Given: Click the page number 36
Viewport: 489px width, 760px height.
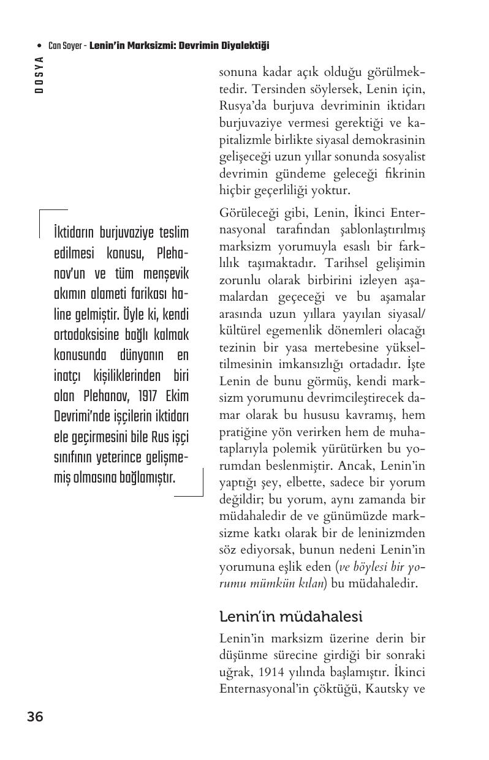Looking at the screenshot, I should pyautogui.click(x=35, y=717).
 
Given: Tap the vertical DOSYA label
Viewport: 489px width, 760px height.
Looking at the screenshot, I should pyautogui.click(x=39, y=75).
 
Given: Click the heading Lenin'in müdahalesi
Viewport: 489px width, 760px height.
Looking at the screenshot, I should pyautogui.click(x=290, y=615).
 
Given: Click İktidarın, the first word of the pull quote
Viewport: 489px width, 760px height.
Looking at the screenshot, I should pyautogui.click(x=79, y=233).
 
